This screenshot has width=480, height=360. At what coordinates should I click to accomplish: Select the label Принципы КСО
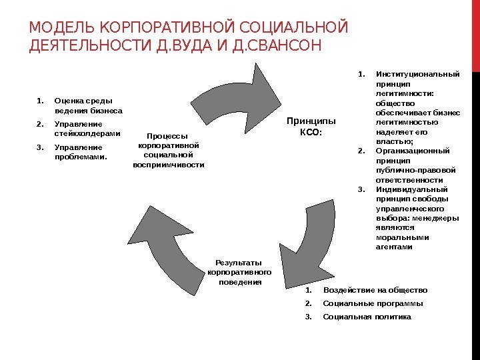(311, 126)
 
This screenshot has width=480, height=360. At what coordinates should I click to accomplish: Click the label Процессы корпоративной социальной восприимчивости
(169, 149)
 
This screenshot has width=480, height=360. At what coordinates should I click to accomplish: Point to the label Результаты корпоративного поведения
(239, 272)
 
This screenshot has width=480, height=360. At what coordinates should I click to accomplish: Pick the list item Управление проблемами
(81, 152)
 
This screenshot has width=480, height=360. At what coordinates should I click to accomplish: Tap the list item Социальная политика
(367, 316)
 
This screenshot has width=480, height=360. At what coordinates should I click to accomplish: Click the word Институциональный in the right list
(417, 74)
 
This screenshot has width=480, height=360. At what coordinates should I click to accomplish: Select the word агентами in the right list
(394, 247)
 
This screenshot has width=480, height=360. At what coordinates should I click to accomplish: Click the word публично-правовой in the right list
(416, 169)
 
